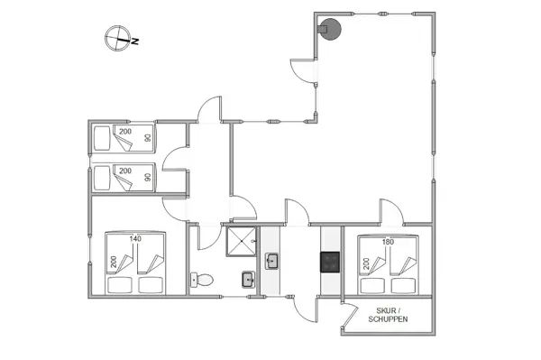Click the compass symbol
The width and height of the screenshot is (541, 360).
point(117,39)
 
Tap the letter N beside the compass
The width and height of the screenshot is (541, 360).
point(134,41)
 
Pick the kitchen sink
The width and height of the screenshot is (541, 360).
point(272,263)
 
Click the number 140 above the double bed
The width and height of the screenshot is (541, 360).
point(136,239)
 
